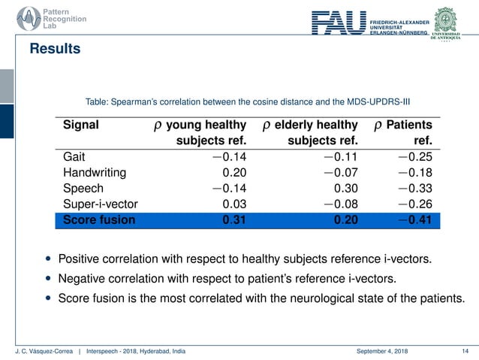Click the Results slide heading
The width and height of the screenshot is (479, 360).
(x=55, y=50)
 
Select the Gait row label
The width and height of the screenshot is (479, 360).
(x=74, y=158)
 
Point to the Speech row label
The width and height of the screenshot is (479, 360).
(x=83, y=189)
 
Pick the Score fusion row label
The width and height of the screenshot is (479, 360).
(x=99, y=220)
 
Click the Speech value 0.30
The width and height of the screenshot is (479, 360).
(x=344, y=189)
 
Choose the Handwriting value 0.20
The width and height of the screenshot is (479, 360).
(x=235, y=174)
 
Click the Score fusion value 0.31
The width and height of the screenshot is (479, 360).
(x=235, y=220)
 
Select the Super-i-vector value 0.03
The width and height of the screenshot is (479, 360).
(x=235, y=204)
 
